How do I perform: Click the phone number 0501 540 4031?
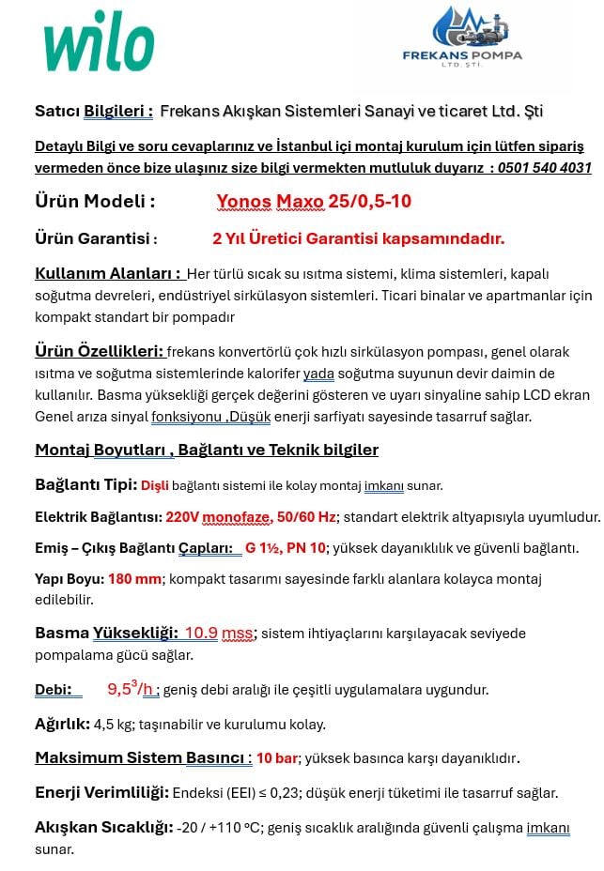click(x=542, y=168)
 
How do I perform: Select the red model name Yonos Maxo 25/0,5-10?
click(x=314, y=202)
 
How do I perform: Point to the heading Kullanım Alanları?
click(x=108, y=273)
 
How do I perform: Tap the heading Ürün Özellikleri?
click(x=100, y=352)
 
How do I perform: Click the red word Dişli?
click(x=155, y=485)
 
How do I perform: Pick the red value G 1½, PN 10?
click(x=286, y=547)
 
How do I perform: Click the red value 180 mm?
click(x=134, y=578)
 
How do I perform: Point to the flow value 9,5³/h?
click(x=132, y=690)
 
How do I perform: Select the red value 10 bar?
click(x=277, y=757)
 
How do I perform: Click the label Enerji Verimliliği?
click(x=101, y=793)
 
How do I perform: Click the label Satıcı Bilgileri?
click(x=94, y=112)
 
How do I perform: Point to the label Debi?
click(x=54, y=690)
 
